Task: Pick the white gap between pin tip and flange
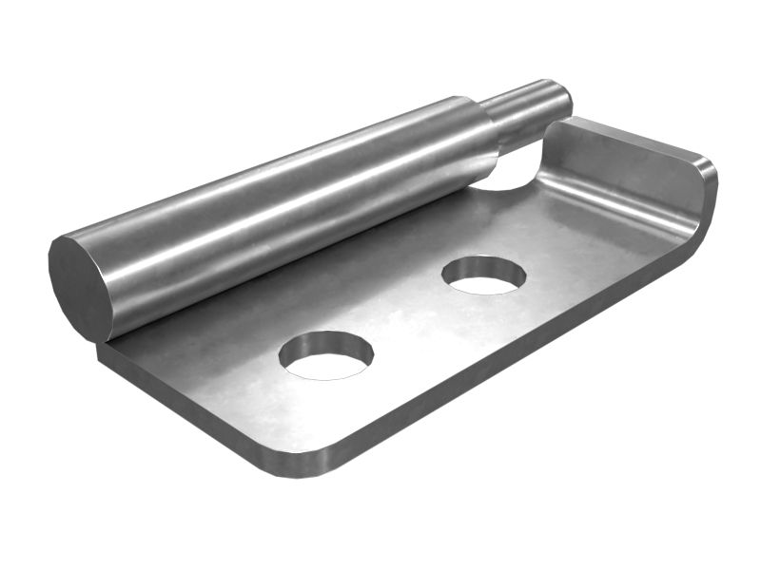click(518, 171)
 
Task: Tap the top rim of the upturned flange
click(637, 138)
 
